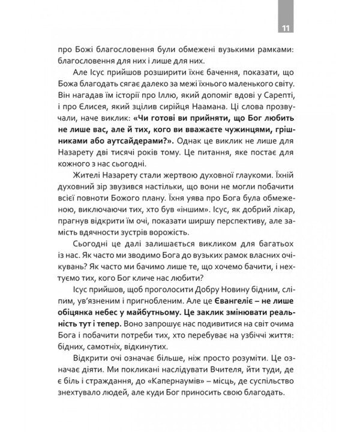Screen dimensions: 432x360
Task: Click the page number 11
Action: coord(284,28)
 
